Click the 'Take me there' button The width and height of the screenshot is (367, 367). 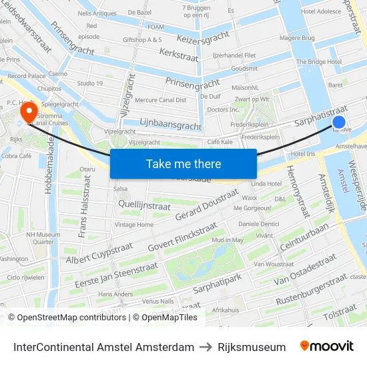pyautogui.click(x=183, y=163)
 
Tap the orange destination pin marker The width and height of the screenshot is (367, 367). pyautogui.click(x=29, y=111)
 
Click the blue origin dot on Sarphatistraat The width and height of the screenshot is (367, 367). pyautogui.click(x=339, y=122)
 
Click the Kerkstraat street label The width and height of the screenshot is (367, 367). pyautogui.click(x=179, y=51)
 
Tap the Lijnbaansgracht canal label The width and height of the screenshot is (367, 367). pyautogui.click(x=171, y=125)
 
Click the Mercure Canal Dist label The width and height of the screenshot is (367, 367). pyautogui.click(x=160, y=100)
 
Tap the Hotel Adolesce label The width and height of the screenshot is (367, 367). pyautogui.click(x=321, y=11)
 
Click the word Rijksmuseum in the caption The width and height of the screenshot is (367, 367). pyautogui.click(x=252, y=347)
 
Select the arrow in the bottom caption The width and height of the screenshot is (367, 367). pyautogui.click(x=206, y=347)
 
